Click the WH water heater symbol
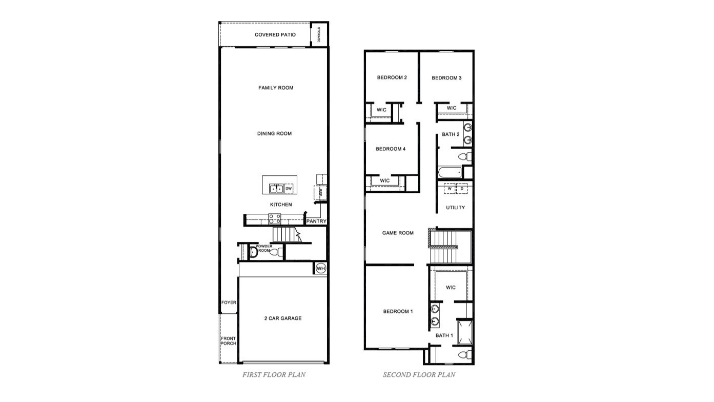coord(321,268)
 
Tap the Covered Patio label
coord(275,35)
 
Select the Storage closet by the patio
coord(319,34)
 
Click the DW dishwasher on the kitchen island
coord(289,189)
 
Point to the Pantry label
coord(316,222)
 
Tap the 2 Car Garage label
coord(283,318)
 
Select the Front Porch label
coord(229,341)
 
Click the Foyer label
coord(229,303)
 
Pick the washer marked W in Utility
coord(450,188)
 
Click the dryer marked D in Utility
coord(462,188)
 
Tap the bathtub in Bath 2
coord(450,172)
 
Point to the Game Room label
coord(398,233)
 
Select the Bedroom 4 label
coord(391,149)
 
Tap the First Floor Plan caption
coord(274,375)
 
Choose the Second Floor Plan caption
coord(419,375)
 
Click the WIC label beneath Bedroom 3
coord(452,108)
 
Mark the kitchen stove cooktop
coord(275,219)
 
